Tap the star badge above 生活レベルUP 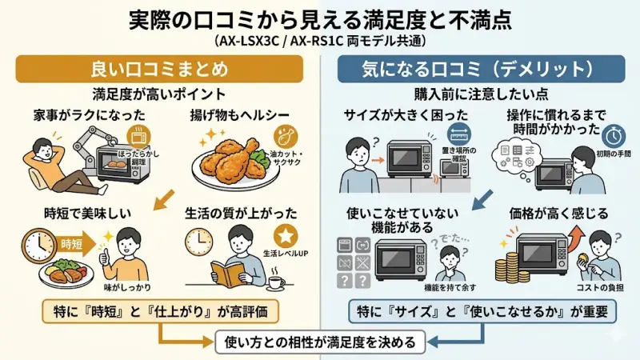coord(286,236)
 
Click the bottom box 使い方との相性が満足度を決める coord(319,342)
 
